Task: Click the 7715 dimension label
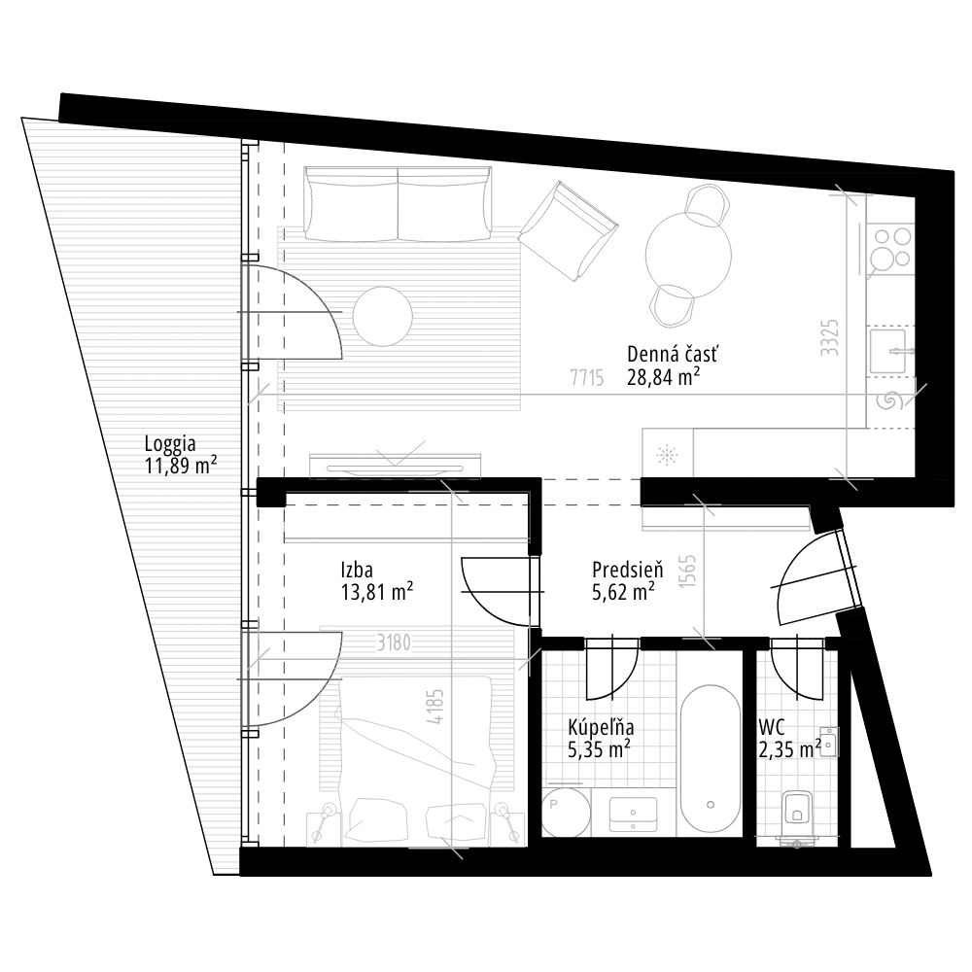pyautogui.click(x=586, y=377)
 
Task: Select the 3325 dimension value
pyautogui.click(x=829, y=336)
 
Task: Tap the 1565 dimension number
pyautogui.click(x=686, y=572)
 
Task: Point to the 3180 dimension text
pyautogui.click(x=394, y=642)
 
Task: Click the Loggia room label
pyautogui.click(x=168, y=444)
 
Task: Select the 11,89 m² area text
pyautogui.click(x=179, y=465)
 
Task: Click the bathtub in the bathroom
pyautogui.click(x=712, y=758)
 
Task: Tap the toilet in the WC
pyautogui.click(x=798, y=813)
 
